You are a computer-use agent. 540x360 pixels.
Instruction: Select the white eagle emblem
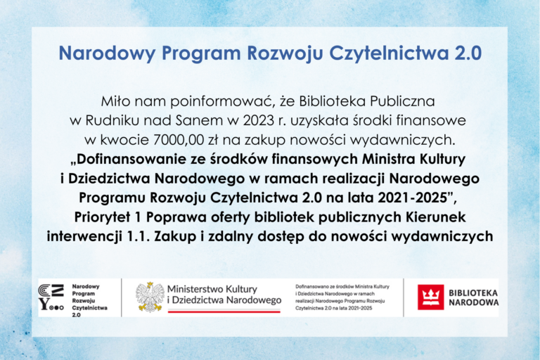click(x=149, y=297)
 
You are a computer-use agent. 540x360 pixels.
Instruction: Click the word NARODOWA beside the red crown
click(x=475, y=303)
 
